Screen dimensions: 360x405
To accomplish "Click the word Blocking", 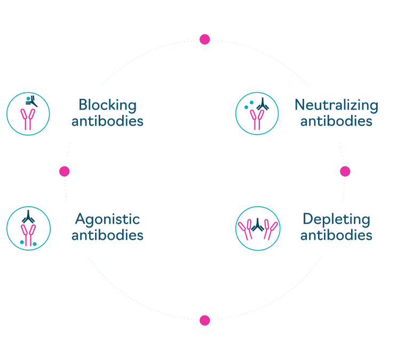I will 107,105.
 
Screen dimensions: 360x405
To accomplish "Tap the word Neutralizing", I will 336,105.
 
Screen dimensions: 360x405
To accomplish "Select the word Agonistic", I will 107,219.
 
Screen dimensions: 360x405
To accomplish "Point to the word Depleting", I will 336,219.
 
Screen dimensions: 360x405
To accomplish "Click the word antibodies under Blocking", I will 107,121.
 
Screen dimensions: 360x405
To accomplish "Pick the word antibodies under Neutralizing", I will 336,121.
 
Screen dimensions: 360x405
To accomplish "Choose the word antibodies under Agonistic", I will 107,235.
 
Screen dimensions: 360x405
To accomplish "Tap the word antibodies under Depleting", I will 336,235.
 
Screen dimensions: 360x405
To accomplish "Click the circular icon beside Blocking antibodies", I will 28,114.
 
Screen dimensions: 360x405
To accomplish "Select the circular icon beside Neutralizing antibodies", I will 257,114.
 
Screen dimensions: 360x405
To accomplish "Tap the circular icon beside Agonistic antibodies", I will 28,229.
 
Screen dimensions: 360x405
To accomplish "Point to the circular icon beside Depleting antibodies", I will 257,229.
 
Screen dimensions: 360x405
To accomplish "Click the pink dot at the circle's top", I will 204,40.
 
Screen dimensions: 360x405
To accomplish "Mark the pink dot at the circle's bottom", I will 204,320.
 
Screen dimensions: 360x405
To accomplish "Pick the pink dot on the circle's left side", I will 65,171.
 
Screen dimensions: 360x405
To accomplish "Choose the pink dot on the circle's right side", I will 345,171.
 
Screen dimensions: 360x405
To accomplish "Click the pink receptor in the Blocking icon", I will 28,120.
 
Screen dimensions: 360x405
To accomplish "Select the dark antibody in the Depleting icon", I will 257,225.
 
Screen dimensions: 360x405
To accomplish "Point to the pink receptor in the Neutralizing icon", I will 257,121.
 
